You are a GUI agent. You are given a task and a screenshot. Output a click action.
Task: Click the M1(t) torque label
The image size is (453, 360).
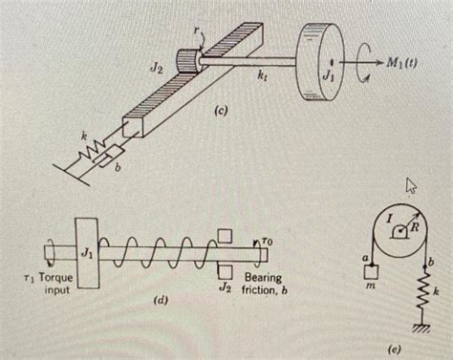pos(401,64)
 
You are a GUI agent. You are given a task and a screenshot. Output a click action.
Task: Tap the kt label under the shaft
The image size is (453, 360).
pos(262,76)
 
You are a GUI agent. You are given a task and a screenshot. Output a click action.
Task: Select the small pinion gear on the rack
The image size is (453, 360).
pos(187,61)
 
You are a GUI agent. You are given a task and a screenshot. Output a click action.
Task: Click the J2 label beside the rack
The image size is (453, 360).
pos(157,69)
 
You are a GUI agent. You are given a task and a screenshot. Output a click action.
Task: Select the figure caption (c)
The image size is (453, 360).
pos(221,111)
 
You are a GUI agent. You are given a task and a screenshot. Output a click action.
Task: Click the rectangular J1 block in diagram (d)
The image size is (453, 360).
pos(87,253)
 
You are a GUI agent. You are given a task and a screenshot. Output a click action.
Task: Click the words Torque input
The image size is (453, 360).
pos(56,284)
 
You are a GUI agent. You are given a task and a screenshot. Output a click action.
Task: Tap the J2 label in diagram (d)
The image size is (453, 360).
pos(225,287)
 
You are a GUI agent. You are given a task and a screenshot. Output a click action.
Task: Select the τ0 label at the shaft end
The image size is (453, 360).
pos(268,243)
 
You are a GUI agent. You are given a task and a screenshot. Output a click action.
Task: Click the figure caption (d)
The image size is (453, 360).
pos(161,301)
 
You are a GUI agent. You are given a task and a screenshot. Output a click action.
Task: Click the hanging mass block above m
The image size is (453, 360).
pos(371,271)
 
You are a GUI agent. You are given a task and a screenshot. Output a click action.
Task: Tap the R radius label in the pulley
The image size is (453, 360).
pos(415,227)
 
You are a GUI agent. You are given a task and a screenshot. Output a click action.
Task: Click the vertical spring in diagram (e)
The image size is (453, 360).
pos(424,292)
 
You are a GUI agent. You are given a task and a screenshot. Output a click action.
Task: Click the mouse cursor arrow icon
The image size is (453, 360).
pos(410,185)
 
